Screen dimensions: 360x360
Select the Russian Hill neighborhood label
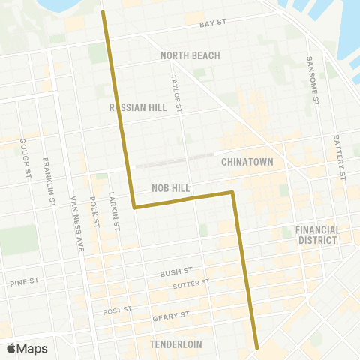click(138, 107)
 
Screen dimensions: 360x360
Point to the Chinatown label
click(247, 162)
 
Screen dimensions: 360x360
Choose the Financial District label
click(317, 235)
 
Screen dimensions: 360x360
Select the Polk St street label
click(94, 211)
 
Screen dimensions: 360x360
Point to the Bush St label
click(177, 272)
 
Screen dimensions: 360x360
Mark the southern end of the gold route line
click(256, 347)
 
